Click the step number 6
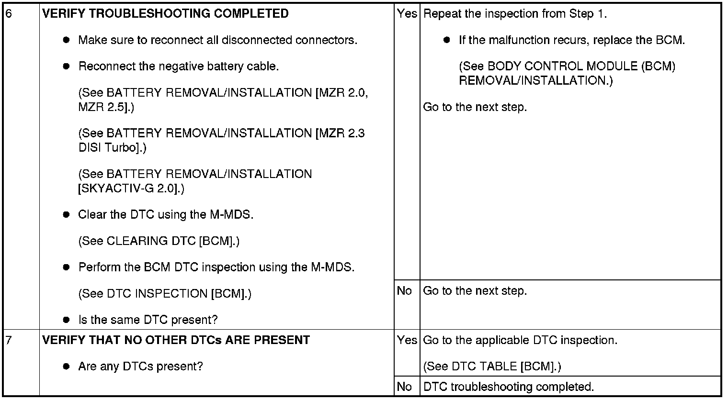tap(9, 14)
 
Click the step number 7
tap(8, 340)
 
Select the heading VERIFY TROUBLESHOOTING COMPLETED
tap(165, 14)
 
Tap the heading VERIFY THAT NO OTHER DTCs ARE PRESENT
tap(176, 340)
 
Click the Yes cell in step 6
tap(407, 14)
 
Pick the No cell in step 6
tap(404, 291)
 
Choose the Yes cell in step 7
tap(407, 340)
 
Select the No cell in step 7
tap(404, 387)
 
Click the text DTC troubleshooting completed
tap(509, 387)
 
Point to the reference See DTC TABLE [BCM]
tap(492, 367)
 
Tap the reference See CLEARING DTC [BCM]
tap(159, 241)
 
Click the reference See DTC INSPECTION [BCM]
tap(164, 294)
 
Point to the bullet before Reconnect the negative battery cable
tap(67, 67)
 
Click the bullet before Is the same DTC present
tap(67, 320)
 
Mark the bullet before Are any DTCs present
tap(67, 367)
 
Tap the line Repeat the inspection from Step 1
tap(515, 14)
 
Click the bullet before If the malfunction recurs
tap(447, 40)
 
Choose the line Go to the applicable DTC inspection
tap(520, 340)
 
